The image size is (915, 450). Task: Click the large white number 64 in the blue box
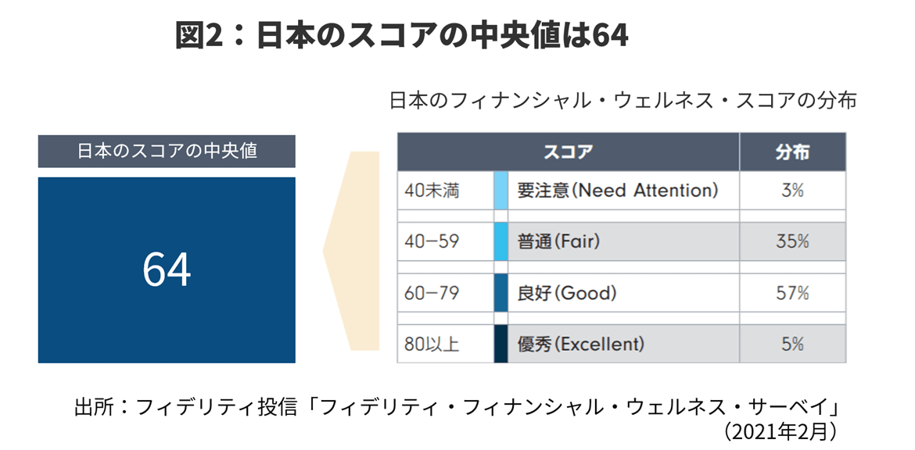pos(167,270)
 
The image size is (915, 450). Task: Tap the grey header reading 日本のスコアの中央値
pos(167,151)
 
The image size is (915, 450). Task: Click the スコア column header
pos(568,152)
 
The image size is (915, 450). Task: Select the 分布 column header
pos(792,152)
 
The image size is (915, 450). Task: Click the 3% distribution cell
pos(792,191)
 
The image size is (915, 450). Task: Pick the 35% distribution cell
pos(792,242)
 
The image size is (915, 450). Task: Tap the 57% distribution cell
pos(792,293)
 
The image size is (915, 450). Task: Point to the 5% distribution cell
pos(792,344)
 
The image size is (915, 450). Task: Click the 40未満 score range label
pos(432,191)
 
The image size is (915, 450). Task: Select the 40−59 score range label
pos(432,242)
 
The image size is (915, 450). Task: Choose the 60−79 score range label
pos(432,293)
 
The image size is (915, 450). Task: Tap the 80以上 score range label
pos(432,344)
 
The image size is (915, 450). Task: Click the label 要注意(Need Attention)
pos(617,191)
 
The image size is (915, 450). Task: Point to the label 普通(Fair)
pos(558,242)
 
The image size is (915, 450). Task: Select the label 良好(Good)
pos(567,293)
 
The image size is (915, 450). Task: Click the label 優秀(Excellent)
pos(580,344)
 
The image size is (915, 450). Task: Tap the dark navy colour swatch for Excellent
pos(501,344)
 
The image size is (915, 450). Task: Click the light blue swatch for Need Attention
pos(501,191)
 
